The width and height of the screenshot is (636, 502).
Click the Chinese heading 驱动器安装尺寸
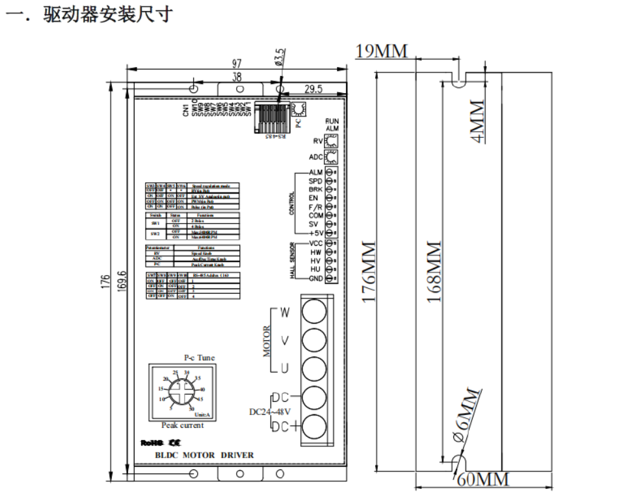pos(107,14)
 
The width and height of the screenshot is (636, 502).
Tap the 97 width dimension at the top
pos(237,63)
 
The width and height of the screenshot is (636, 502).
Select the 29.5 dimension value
pos(313,89)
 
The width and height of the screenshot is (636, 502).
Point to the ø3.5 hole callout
pos(280,57)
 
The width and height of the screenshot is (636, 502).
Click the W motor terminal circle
pos(313,311)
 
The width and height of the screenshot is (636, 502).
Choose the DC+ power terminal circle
pos(313,427)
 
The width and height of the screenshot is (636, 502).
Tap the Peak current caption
pos(183,425)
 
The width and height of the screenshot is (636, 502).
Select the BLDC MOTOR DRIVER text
pos(205,455)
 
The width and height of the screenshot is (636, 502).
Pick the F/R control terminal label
pos(315,206)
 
